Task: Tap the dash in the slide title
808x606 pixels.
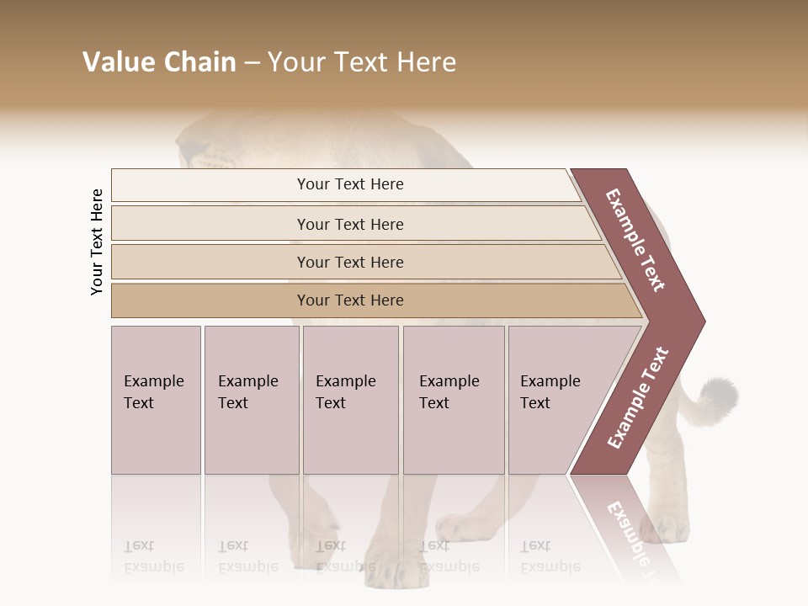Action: tap(252, 63)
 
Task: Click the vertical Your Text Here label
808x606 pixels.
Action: tap(97, 242)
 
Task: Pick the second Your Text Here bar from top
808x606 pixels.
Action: tap(350, 224)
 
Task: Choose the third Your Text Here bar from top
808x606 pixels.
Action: tap(350, 262)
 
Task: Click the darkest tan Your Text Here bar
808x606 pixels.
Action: tap(350, 300)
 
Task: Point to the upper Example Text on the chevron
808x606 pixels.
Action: tap(635, 240)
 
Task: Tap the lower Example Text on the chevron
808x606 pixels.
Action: tap(639, 397)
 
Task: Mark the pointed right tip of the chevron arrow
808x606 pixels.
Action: tap(703, 321)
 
